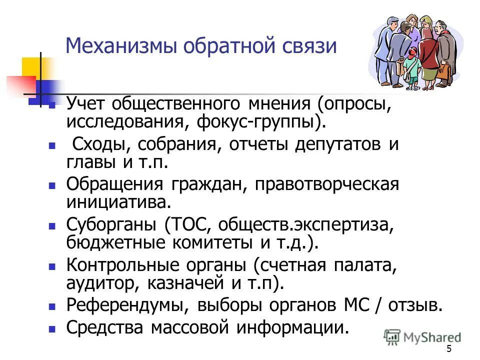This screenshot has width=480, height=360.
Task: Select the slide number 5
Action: click(x=448, y=349)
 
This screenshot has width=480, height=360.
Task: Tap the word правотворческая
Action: click(x=327, y=184)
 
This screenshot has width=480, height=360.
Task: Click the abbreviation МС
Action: click(x=351, y=305)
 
